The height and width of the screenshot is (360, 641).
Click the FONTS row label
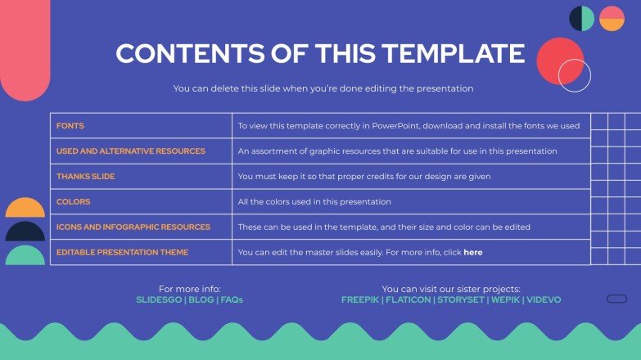tap(70, 126)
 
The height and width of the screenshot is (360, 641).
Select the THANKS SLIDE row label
tap(85, 177)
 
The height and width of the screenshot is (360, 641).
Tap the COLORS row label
tap(73, 201)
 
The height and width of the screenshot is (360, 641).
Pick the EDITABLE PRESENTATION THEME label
tap(122, 252)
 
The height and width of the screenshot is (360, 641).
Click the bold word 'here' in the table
tap(472, 252)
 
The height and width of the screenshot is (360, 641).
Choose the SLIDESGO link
tap(159, 300)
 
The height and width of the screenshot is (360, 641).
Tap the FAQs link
tap(232, 300)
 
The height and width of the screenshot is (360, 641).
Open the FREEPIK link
tap(359, 300)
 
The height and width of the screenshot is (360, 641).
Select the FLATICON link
tap(408, 300)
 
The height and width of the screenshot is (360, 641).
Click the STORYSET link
tap(460, 300)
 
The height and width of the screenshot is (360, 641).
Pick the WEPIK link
tap(507, 300)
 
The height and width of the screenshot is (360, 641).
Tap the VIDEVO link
tap(544, 300)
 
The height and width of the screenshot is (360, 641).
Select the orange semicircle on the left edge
tap(25, 209)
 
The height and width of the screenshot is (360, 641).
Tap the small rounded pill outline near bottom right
tap(616, 299)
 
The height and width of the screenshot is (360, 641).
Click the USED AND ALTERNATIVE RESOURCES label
tap(130, 151)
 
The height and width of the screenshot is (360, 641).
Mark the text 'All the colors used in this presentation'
tap(314, 201)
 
